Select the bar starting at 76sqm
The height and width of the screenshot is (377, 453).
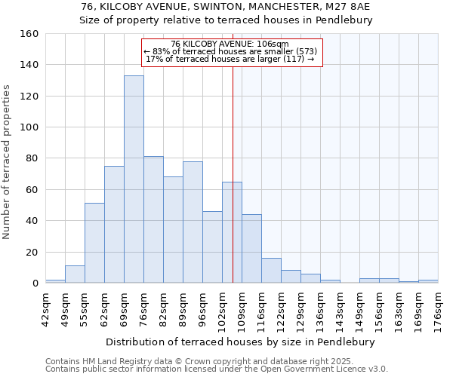tap(153, 219)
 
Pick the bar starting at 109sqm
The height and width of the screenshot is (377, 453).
tap(251, 249)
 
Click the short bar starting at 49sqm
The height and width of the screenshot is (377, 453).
tap(75, 274)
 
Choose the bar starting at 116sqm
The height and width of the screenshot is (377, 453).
tap(271, 271)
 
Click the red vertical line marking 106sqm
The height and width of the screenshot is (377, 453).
tap(233, 188)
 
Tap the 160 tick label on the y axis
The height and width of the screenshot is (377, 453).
tap(29, 34)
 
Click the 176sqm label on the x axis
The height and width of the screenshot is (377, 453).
tap(438, 308)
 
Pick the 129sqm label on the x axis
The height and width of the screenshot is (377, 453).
tap(300, 308)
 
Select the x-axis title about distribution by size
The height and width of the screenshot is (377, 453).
tap(241, 342)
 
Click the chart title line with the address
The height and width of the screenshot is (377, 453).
tap(226, 6)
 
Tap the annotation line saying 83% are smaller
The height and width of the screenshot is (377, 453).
tap(230, 51)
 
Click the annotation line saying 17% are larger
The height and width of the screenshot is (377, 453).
tap(230, 59)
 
